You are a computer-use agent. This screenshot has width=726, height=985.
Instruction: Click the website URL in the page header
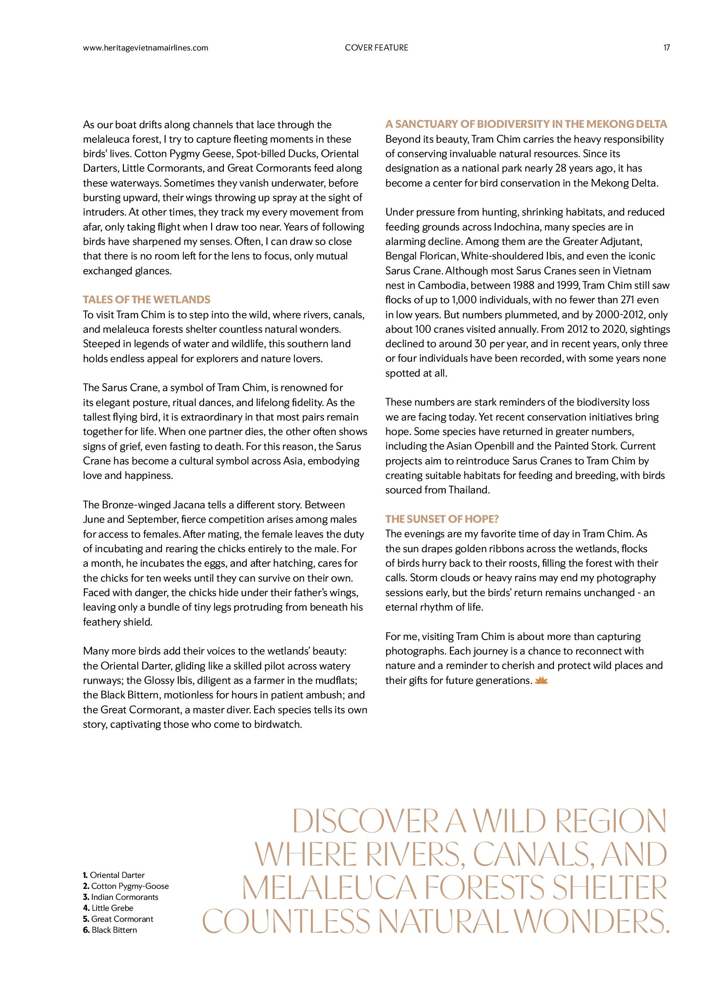145,48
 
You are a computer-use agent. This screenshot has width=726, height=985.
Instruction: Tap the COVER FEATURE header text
376,48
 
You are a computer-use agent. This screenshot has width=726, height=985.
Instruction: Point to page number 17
666,48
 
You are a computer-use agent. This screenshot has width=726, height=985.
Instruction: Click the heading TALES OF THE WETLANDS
146,300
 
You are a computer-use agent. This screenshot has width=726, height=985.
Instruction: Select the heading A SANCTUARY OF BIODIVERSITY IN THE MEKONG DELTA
526,124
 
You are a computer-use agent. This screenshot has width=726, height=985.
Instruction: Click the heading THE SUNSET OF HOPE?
442,519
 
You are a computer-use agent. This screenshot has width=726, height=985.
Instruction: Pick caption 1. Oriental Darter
114,875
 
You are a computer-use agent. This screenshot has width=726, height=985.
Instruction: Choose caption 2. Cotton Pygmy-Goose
126,886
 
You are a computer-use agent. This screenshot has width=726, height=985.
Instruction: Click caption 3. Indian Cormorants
120,897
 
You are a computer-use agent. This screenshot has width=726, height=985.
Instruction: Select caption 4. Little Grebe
108,908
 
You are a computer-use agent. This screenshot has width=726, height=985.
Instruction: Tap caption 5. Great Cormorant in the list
118,919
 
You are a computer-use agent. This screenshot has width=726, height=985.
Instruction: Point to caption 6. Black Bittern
110,930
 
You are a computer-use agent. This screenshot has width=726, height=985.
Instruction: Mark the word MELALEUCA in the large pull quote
329,888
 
